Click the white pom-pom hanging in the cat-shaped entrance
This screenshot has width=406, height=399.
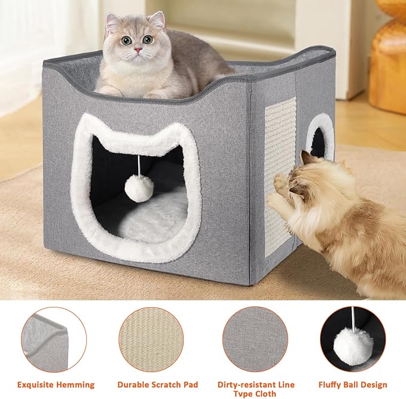139,189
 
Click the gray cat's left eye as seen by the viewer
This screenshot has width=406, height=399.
127,41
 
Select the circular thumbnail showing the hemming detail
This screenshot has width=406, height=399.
53,339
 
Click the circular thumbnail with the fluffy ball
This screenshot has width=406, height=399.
352,339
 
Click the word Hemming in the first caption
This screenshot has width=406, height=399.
78,385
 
